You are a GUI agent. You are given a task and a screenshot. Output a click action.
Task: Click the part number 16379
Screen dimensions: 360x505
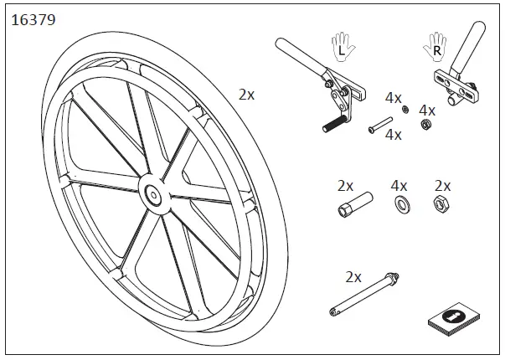coord(33,19)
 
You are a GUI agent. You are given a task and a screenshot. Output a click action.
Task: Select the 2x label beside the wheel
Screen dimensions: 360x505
coord(246,95)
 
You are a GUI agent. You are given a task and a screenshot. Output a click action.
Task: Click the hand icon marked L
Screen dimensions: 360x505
coord(341,46)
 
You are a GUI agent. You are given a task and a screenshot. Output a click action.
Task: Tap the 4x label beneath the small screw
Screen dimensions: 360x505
coord(393,134)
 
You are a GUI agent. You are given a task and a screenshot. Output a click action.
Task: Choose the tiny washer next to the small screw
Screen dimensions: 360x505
coord(405,109)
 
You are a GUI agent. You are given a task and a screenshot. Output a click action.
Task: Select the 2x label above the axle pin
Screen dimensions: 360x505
coord(353,275)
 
